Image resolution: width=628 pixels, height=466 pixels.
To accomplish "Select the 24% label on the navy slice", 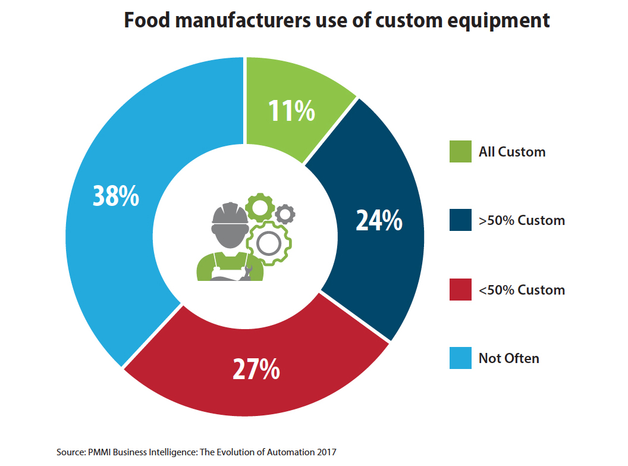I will point(379,220).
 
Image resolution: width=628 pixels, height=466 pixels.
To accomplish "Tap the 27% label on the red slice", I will point(256,369).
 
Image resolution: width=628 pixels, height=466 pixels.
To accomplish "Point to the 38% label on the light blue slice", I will point(115,196).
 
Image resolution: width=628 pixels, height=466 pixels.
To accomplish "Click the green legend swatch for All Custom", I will point(460,151).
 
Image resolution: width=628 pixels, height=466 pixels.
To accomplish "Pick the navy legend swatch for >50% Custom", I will point(460,220).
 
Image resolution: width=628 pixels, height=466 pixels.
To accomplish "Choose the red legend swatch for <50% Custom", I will point(460,290).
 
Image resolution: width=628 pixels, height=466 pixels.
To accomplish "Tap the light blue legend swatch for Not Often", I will point(460,358).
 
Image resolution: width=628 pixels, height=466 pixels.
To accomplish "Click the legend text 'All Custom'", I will point(511,152).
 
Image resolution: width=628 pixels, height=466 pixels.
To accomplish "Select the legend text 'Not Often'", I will point(508,358).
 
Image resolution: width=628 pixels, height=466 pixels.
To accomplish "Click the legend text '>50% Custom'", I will point(522,221).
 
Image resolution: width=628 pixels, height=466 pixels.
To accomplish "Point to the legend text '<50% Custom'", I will point(522,290).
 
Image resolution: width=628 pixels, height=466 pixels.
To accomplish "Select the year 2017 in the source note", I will point(326,452).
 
